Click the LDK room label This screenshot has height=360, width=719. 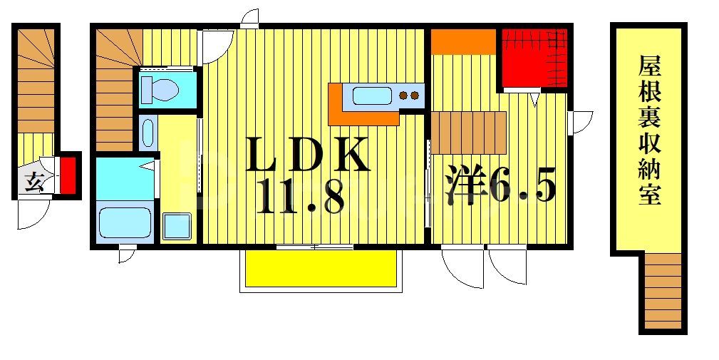click(x=308, y=155)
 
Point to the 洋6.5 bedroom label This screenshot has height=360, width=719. click(x=501, y=185)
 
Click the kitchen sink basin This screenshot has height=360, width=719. click(x=371, y=95)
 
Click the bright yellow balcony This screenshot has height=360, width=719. click(x=320, y=268)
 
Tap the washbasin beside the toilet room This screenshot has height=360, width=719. click(x=147, y=133)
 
